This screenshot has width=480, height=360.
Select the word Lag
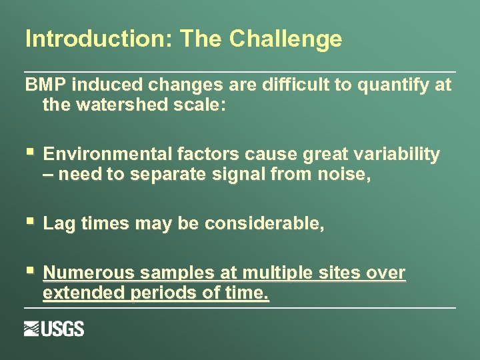coord(58,224)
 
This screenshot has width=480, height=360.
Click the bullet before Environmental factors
coord(29,154)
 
